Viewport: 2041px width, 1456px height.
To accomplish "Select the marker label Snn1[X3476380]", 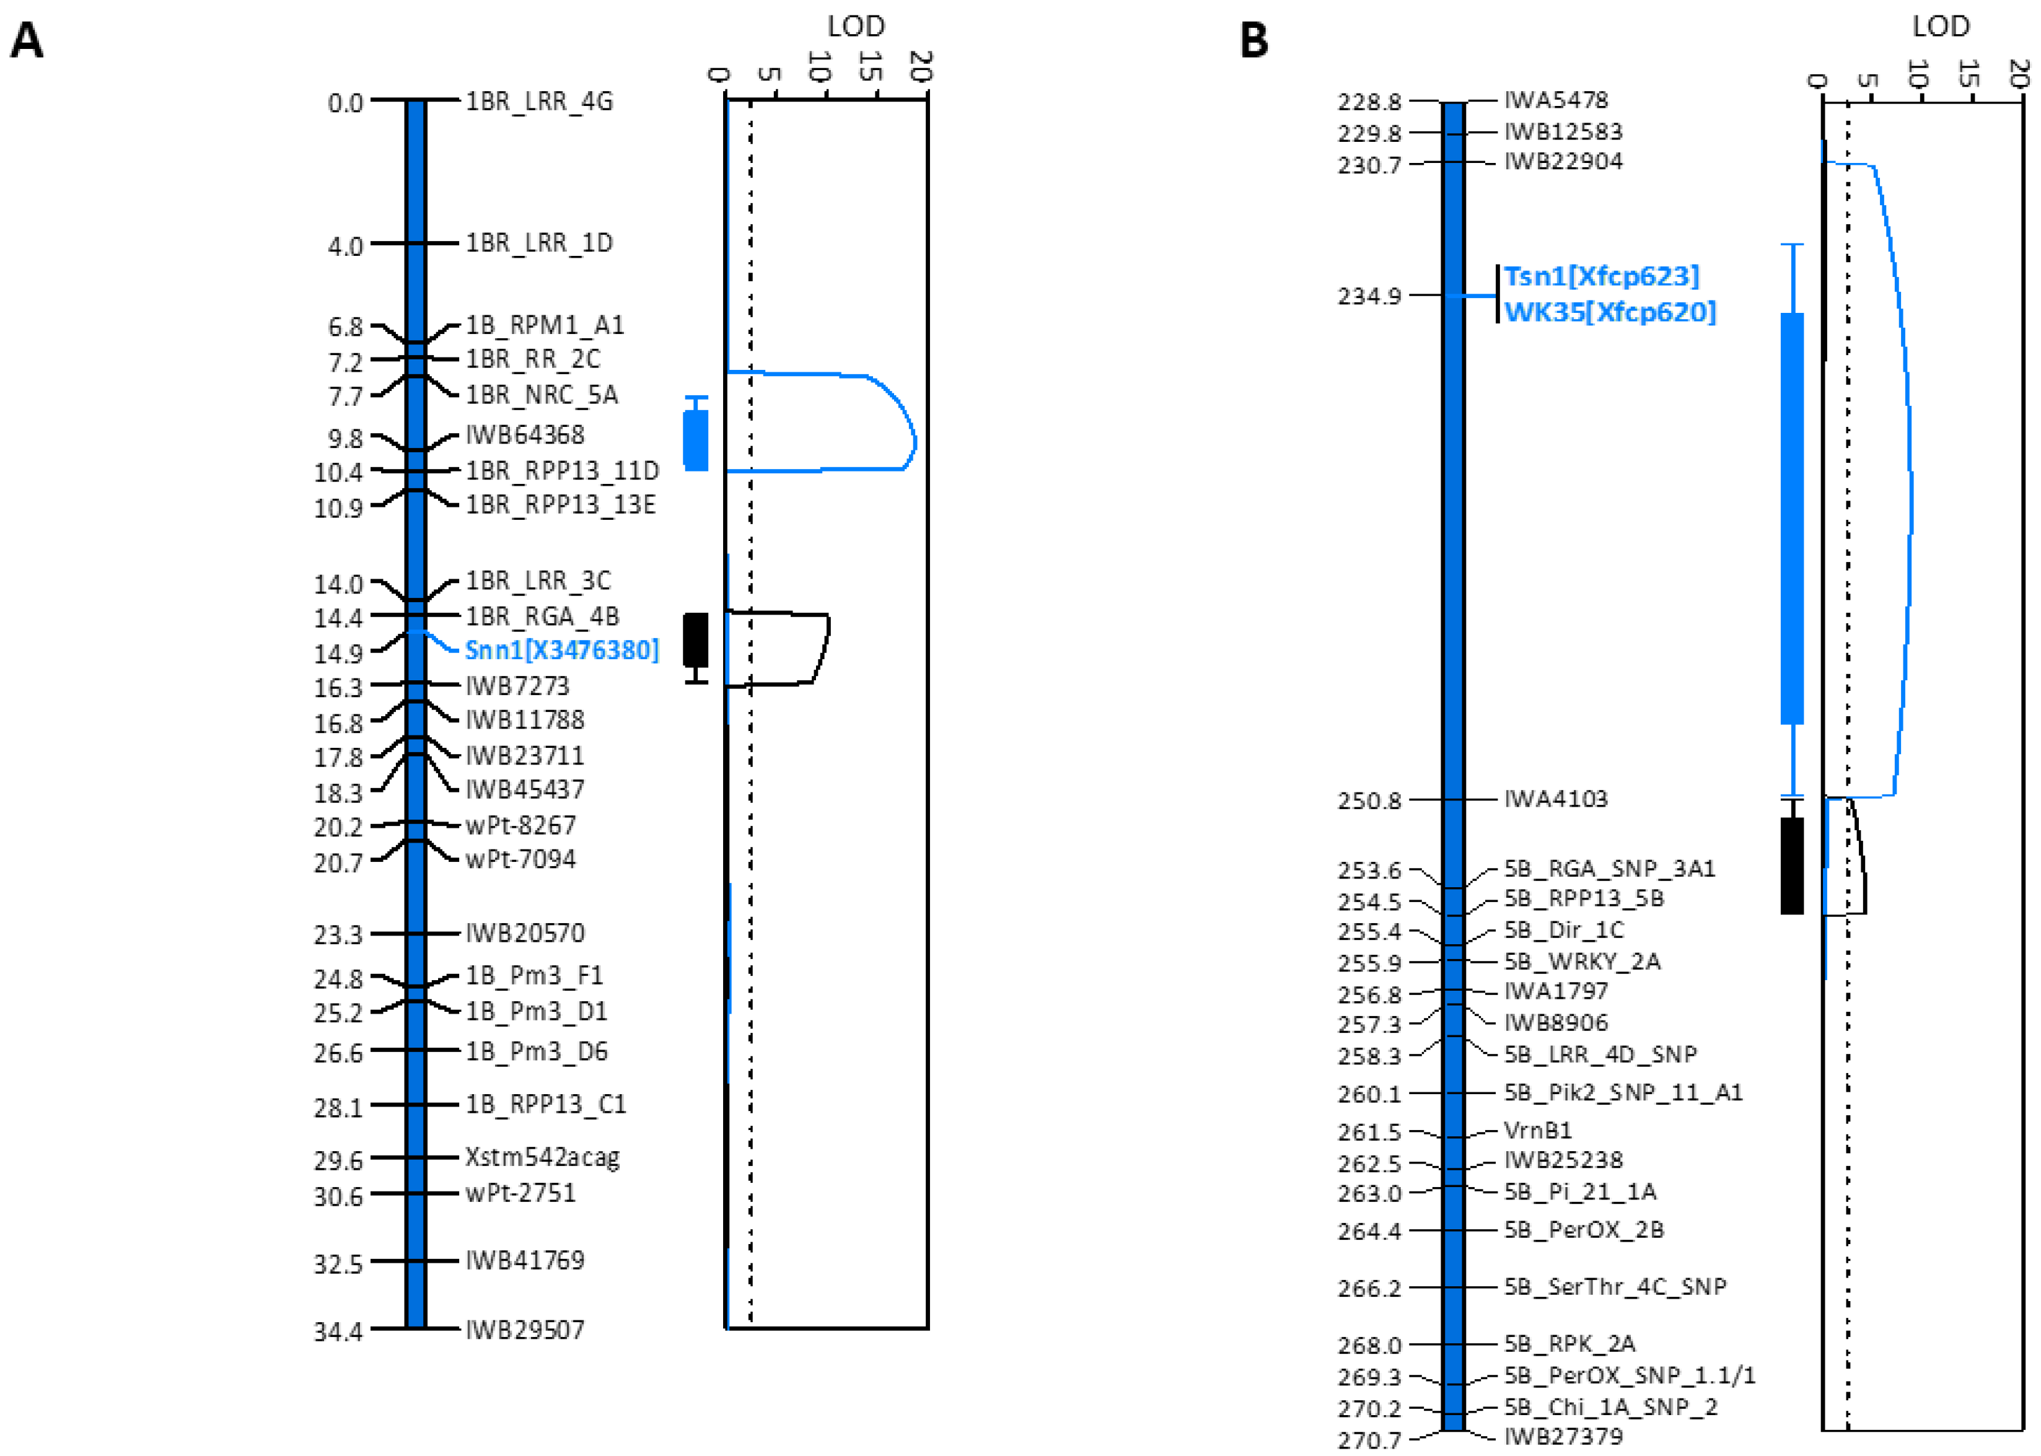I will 561,650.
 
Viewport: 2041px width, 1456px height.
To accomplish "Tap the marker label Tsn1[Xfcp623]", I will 1601,276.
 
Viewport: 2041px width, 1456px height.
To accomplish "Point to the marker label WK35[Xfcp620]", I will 1610,312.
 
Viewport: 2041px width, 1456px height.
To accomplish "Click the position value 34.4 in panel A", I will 338,1332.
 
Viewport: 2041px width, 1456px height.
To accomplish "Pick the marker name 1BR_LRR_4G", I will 538,102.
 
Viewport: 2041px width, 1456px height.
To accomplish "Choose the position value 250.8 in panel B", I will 1369,800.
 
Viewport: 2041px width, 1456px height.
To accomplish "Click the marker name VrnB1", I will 1537,1131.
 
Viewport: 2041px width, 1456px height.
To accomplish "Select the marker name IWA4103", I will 1555,799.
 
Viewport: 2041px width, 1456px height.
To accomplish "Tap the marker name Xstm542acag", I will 542,1157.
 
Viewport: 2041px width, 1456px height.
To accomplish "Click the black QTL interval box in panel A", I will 696,640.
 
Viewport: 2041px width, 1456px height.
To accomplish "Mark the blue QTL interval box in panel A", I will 696,439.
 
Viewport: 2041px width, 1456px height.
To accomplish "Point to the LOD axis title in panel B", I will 1941,26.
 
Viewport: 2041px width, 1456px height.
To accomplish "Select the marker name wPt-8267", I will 520,825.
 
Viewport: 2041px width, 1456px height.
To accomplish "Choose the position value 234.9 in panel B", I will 1369,296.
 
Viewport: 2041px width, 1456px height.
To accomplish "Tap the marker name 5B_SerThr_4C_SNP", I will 1614,1287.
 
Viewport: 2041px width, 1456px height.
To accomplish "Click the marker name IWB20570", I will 524,933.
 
